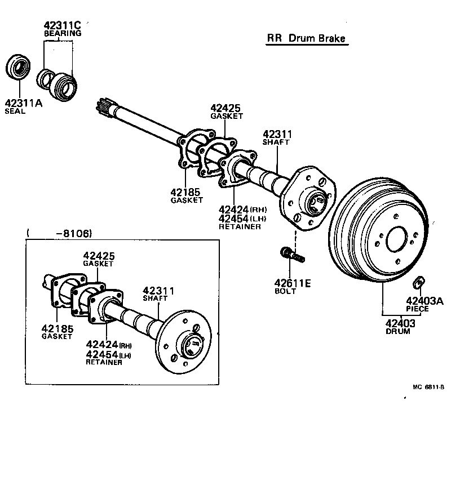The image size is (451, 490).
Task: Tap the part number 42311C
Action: point(63,25)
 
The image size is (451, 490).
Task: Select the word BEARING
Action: point(63,33)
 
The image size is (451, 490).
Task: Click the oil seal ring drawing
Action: point(19,66)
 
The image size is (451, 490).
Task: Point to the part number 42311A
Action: point(23,103)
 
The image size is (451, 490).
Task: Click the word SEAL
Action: point(15,112)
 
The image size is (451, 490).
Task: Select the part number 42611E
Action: point(293,283)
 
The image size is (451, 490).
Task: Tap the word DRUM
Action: point(398,331)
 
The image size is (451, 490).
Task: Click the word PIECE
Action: point(417,309)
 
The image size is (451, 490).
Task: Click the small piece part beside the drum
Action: point(419,281)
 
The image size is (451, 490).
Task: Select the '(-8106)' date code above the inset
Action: point(59,233)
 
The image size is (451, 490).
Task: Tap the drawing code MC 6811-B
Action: point(428,387)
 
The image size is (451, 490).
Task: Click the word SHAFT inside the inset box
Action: point(154,298)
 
